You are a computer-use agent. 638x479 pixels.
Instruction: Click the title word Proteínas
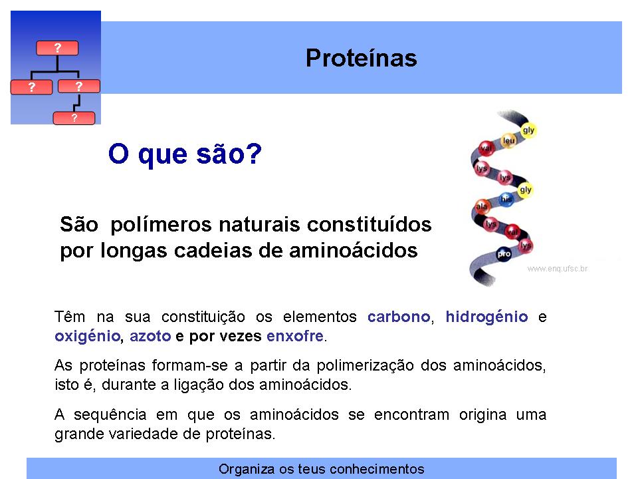point(362,58)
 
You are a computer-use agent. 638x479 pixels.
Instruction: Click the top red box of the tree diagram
point(57,48)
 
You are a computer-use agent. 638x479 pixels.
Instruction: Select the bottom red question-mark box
point(74,118)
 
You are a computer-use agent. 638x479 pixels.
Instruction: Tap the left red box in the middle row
point(31,87)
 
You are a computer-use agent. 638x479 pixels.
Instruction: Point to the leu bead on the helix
point(508,140)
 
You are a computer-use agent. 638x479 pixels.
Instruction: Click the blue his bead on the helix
point(506,199)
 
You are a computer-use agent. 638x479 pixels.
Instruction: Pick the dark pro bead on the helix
point(504,254)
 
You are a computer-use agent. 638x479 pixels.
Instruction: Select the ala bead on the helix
point(482,206)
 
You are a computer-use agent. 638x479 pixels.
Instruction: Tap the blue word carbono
point(399,317)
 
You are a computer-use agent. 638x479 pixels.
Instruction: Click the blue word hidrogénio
point(486,317)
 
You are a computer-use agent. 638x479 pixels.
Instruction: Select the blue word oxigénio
point(88,337)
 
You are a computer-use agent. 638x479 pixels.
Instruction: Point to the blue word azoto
point(150,337)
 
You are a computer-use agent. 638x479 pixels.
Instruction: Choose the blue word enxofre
point(295,337)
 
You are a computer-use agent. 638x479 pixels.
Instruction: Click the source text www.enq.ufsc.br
point(558,269)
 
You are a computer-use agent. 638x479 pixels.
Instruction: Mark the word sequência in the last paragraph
point(110,414)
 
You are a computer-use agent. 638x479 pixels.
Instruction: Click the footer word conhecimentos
point(377,469)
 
